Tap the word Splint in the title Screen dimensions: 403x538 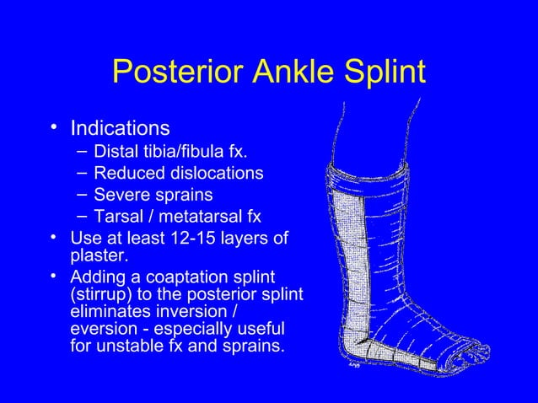point(382,75)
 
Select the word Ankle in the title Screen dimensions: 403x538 point(282,75)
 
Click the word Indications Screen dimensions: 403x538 point(120,129)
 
